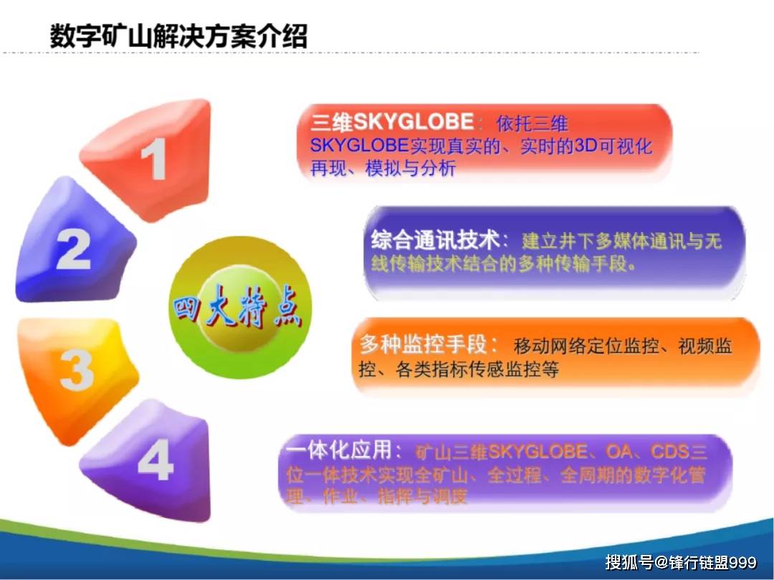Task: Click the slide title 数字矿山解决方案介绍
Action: click(178, 35)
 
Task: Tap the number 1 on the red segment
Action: click(156, 159)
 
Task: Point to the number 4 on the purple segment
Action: click(156, 462)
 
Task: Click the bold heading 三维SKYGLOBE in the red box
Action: click(392, 123)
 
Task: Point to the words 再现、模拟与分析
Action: click(383, 169)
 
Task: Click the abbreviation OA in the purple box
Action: click(621, 452)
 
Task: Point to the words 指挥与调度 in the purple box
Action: click(422, 496)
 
